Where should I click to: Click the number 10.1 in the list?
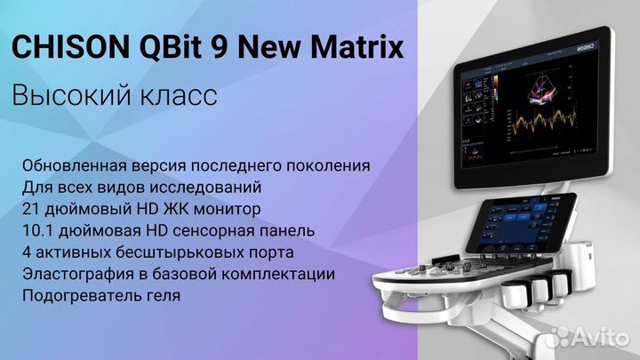[37, 231]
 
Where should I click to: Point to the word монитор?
[226, 210]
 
